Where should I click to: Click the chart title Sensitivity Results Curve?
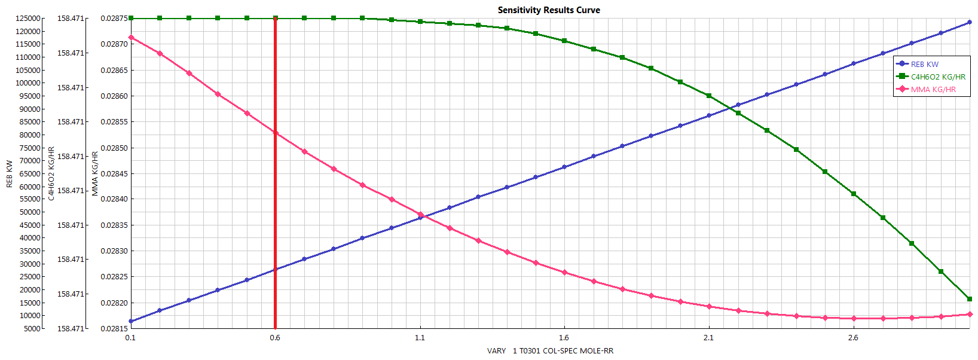549,10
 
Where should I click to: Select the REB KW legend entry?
924,64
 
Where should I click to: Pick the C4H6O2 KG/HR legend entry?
937,77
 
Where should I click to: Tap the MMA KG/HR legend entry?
933,89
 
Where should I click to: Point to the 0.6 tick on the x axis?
275,338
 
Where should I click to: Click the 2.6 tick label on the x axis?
853,338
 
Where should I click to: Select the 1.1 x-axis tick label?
420,338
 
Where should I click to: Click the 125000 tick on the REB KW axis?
28,19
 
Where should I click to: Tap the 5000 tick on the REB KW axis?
32,328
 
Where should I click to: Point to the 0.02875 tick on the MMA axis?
114,19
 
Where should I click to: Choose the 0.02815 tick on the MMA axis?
114,328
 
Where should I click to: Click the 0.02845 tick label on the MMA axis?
114,174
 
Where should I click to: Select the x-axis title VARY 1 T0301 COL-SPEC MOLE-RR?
550,351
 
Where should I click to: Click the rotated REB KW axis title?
10,173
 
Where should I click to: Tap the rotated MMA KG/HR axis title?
95,173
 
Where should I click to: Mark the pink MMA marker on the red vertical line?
276,133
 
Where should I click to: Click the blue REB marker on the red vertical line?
276,270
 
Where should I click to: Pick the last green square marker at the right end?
970,299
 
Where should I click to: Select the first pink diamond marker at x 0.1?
131,38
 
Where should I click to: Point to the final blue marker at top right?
970,23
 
